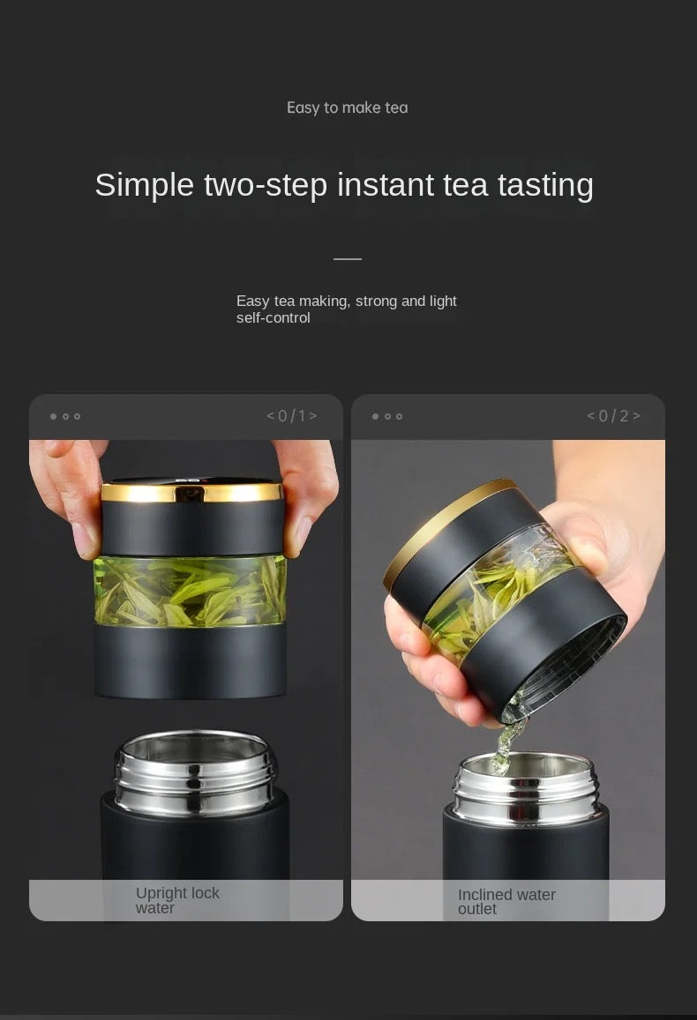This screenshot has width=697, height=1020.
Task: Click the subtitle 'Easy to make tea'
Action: click(348, 108)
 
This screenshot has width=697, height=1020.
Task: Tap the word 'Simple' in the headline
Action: click(145, 185)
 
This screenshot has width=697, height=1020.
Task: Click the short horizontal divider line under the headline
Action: click(348, 259)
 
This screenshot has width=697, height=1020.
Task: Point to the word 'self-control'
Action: click(274, 318)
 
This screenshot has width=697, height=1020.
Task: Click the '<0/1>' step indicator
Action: click(291, 416)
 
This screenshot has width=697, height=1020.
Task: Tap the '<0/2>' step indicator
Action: click(614, 416)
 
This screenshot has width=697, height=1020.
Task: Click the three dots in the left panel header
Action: click(65, 416)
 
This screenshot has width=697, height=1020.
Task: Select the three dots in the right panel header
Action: click(387, 416)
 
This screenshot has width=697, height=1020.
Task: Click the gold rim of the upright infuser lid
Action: click(192, 493)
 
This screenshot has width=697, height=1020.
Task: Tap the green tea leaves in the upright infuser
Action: click(190, 592)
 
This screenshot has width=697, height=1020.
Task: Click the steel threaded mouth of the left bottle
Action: click(195, 771)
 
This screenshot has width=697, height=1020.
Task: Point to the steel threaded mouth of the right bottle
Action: click(525, 788)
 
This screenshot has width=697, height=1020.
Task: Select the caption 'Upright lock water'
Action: click(177, 900)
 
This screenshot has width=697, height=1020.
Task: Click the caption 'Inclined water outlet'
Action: click(506, 902)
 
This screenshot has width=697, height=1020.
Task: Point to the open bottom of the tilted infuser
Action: click(567, 670)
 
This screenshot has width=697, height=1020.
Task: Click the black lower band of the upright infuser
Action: click(191, 662)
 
